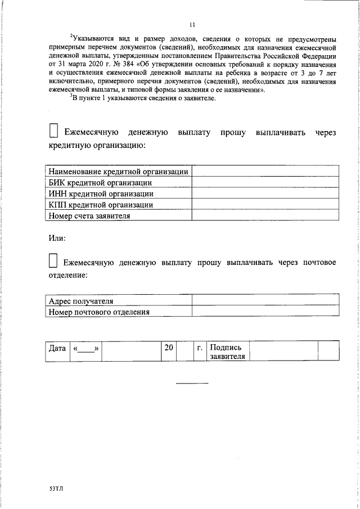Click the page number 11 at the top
pyautogui.click(x=192, y=25)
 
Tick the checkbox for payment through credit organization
pyautogui.click(x=53, y=131)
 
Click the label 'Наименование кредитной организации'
pyautogui.click(x=118, y=172)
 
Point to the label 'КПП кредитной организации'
pyautogui.click(x=101, y=204)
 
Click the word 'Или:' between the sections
pyautogui.click(x=57, y=237)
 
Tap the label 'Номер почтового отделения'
pyautogui.click(x=99, y=312)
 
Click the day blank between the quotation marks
pyautogui.click(x=85, y=349)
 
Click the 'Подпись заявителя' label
pyautogui.click(x=227, y=352)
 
